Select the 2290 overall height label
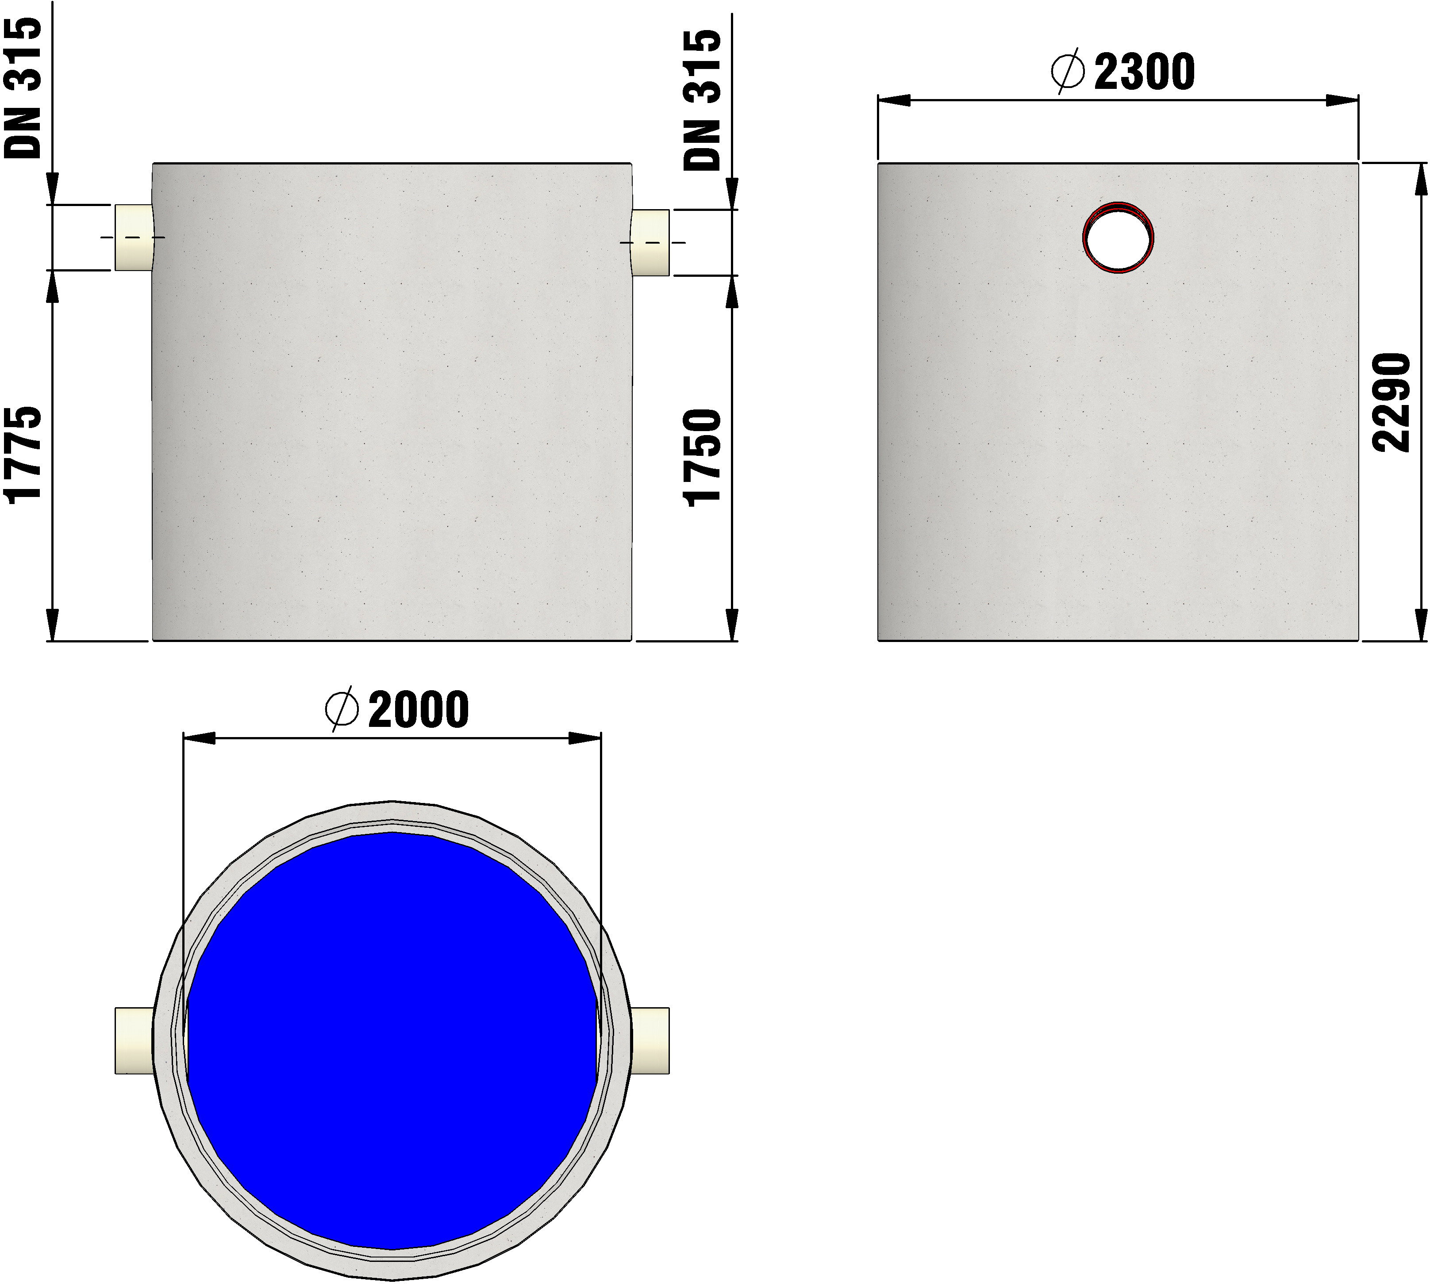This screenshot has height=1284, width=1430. (x=1391, y=402)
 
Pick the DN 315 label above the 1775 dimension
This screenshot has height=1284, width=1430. (x=23, y=88)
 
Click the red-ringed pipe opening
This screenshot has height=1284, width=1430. (x=1119, y=238)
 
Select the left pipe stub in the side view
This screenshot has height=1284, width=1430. (x=134, y=238)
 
